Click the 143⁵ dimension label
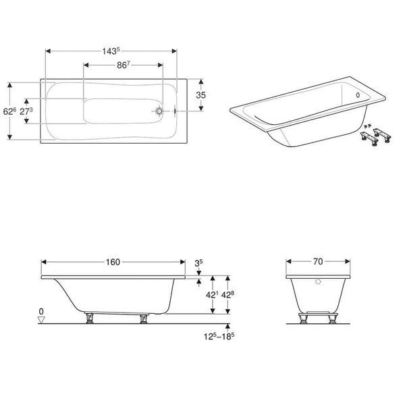(111, 51)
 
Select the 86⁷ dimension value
(124, 65)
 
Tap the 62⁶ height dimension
(9, 111)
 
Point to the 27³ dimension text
(26, 111)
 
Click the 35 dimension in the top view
(200, 95)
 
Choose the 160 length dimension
(113, 262)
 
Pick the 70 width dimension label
(318, 261)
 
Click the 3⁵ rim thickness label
(198, 263)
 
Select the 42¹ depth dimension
(212, 295)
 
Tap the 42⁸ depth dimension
(228, 295)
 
